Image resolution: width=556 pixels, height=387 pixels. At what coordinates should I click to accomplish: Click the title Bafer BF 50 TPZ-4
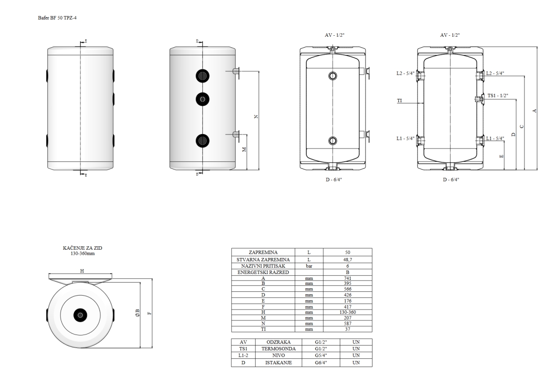57,18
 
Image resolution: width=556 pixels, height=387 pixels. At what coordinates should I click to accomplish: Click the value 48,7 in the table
347,259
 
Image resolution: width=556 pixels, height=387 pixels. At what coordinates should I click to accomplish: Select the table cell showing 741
347,278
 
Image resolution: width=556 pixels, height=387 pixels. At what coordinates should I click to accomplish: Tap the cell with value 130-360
347,312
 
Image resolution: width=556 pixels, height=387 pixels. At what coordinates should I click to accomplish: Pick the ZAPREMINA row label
263,252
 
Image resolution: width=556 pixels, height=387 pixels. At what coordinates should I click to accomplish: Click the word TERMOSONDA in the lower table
278,349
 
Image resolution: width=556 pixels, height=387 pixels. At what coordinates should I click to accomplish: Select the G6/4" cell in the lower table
321,363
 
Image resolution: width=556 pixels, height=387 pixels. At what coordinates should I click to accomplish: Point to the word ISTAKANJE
278,363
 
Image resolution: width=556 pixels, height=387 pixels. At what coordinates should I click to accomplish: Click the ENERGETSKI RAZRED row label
263,272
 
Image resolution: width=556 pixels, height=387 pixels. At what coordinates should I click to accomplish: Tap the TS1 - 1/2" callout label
498,96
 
